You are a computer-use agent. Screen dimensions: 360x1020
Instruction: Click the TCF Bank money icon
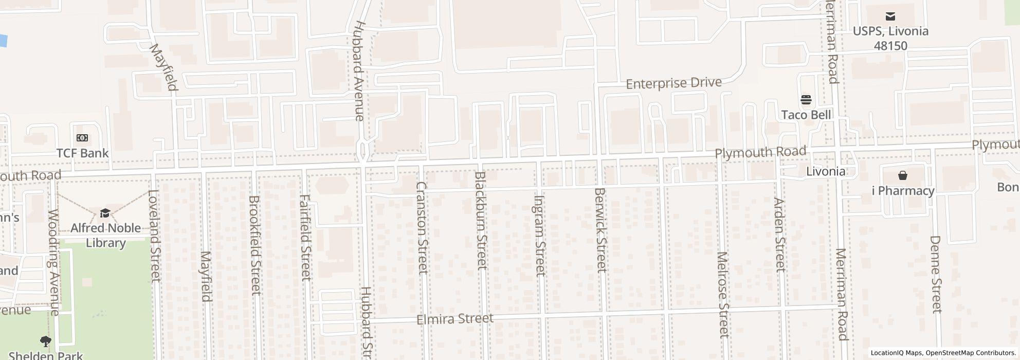click(82, 138)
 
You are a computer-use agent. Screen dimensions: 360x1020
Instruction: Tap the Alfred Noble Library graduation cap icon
click(105, 213)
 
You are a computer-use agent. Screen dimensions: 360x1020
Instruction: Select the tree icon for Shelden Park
click(46, 340)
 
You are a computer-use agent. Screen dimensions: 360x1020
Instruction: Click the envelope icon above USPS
click(890, 16)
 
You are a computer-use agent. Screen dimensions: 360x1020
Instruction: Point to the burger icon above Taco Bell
click(806, 99)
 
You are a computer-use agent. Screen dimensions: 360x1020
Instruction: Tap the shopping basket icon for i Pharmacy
click(903, 176)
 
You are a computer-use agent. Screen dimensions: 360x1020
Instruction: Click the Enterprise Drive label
click(673, 83)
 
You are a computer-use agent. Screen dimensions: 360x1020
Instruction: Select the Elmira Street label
click(454, 319)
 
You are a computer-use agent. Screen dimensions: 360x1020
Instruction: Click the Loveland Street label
click(154, 236)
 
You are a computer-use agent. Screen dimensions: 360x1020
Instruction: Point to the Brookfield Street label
click(255, 245)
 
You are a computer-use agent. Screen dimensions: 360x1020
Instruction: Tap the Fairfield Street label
click(305, 238)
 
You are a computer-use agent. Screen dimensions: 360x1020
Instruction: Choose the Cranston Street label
click(422, 228)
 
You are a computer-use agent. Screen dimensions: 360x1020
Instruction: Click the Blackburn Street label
click(481, 221)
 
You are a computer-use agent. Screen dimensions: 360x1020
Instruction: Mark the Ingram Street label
click(539, 236)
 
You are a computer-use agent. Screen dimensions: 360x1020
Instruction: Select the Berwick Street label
click(600, 230)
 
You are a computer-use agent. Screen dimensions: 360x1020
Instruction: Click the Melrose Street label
click(723, 295)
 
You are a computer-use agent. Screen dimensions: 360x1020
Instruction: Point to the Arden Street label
click(780, 235)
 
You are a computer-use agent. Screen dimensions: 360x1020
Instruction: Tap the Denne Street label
click(936, 274)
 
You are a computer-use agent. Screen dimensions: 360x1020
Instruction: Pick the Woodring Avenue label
click(53, 262)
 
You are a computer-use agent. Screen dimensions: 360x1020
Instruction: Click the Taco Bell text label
click(806, 115)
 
